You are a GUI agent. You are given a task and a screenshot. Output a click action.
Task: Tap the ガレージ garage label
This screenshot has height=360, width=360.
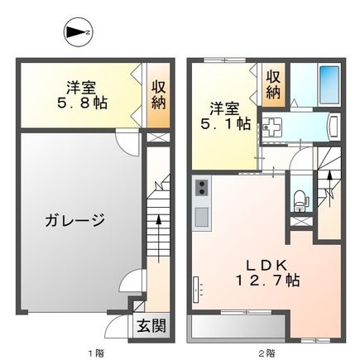point(74,220)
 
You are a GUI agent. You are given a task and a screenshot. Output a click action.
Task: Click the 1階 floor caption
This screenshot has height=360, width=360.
point(98,353)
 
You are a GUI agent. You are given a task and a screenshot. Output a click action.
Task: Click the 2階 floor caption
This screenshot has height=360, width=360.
point(266,353)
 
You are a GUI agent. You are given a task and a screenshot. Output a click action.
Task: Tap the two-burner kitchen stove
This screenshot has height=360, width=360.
point(200,191)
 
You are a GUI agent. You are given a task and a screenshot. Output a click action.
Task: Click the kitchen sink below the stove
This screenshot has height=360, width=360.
point(200,217)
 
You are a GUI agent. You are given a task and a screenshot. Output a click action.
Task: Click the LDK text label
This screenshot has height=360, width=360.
point(264,265)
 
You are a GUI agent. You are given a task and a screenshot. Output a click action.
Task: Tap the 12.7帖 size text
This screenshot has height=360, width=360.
point(265,281)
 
